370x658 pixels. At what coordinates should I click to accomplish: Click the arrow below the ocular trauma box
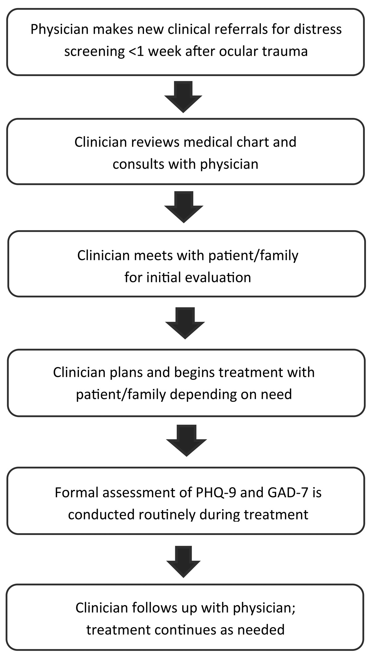tap(183, 97)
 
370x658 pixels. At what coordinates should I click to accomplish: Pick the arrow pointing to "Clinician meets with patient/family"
tap(184, 207)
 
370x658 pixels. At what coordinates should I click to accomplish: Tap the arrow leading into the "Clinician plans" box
tap(185, 323)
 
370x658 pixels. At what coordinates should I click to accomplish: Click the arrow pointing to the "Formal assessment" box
tap(186, 440)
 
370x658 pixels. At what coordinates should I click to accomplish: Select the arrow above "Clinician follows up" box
tap(183, 562)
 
